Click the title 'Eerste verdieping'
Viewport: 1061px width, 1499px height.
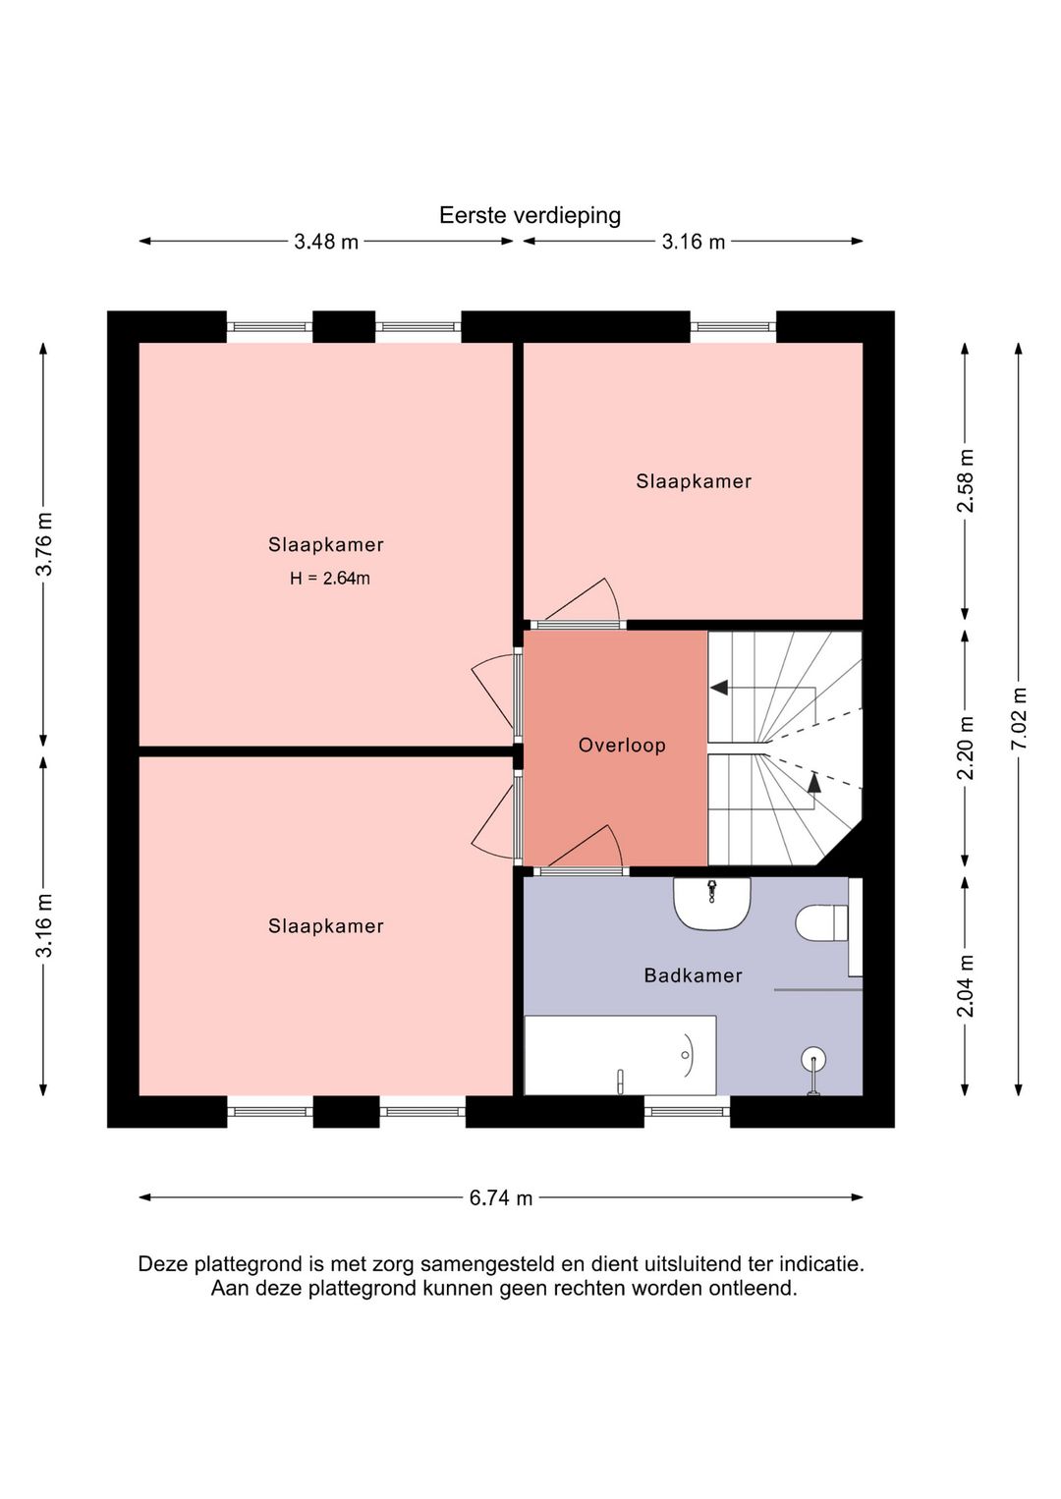(x=530, y=215)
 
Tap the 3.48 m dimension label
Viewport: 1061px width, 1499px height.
(x=326, y=242)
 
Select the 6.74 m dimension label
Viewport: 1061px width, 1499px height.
(x=501, y=1197)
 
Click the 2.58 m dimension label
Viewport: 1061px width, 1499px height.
(x=965, y=480)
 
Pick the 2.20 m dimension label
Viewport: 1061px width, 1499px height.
(x=965, y=749)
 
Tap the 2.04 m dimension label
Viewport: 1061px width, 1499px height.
(x=965, y=985)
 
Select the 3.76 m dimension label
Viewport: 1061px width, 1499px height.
(x=44, y=544)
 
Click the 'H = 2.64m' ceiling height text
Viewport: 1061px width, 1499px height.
(x=329, y=579)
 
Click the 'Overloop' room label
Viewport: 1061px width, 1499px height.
(x=622, y=745)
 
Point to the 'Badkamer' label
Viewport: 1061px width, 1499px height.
(x=693, y=975)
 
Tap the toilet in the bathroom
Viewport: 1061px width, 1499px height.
(x=822, y=923)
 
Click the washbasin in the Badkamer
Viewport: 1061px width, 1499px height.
(x=712, y=903)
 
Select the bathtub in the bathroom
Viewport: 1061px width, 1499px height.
(x=620, y=1055)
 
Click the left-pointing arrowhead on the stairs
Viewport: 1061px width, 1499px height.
(x=719, y=688)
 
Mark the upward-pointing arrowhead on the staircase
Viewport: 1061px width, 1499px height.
(x=814, y=782)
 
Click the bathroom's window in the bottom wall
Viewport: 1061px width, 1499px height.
(x=687, y=1112)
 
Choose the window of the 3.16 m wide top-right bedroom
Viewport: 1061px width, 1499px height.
(x=733, y=327)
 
